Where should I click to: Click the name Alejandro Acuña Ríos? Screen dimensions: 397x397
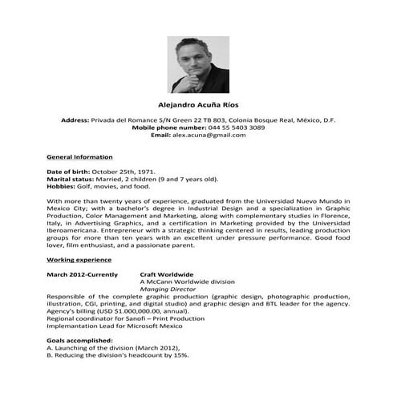[197, 104]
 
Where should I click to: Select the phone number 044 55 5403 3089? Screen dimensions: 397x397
[236, 127]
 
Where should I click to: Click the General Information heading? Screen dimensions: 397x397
[79, 156]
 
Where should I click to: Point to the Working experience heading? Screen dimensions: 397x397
[79, 261]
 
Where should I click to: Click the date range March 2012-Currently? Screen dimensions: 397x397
[83, 275]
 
